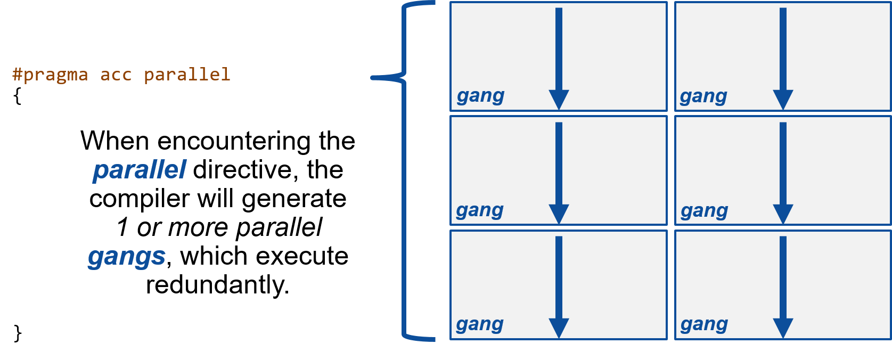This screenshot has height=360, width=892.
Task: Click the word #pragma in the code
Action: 50,75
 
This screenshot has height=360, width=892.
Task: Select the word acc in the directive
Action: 116,75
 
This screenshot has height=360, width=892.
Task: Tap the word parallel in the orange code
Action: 187,75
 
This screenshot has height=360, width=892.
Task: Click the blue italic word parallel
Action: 140,170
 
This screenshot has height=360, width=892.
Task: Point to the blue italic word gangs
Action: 127,257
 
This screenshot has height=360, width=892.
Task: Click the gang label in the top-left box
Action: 480,96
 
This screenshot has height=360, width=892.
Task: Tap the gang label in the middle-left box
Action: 480,211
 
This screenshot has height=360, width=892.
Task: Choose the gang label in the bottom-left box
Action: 480,325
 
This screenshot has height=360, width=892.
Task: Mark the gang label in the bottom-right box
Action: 704,325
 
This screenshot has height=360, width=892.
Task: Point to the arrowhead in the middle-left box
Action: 559,214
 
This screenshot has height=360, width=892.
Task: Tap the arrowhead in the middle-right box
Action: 783,214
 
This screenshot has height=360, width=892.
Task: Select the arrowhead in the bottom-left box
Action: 559,328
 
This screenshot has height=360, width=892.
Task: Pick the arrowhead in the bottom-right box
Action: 783,328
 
